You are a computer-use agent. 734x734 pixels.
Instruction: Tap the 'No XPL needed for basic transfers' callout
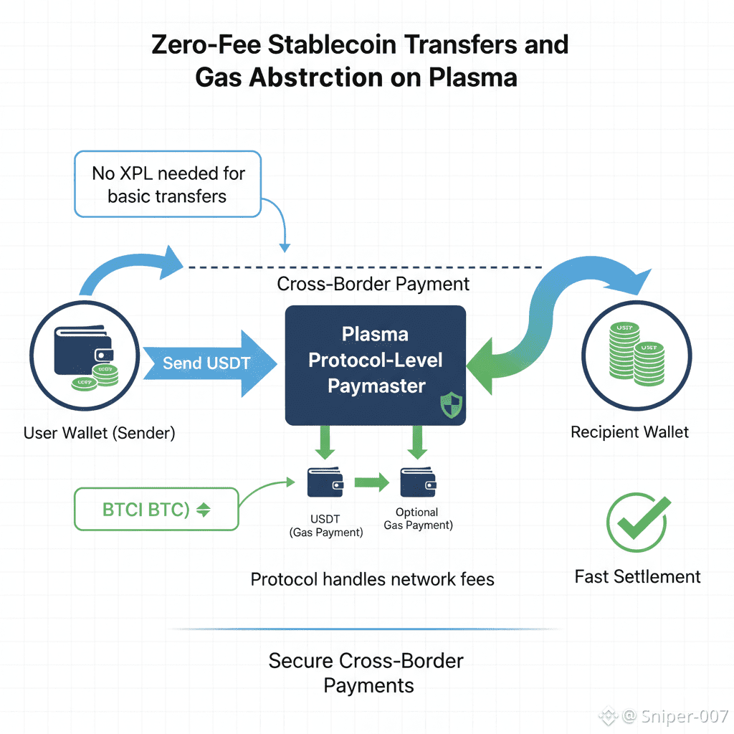(x=168, y=183)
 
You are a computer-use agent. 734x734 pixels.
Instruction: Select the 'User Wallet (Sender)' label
(x=99, y=433)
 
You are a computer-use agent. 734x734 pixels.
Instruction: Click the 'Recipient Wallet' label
(x=629, y=432)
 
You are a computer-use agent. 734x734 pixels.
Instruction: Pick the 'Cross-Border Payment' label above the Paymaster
(x=373, y=284)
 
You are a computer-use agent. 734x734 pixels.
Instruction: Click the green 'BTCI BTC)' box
(x=156, y=510)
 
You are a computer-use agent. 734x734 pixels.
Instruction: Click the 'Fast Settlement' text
(x=637, y=576)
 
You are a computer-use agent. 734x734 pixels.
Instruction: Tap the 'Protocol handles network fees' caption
(x=372, y=578)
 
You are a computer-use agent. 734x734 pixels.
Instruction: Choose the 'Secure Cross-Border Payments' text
(x=367, y=672)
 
